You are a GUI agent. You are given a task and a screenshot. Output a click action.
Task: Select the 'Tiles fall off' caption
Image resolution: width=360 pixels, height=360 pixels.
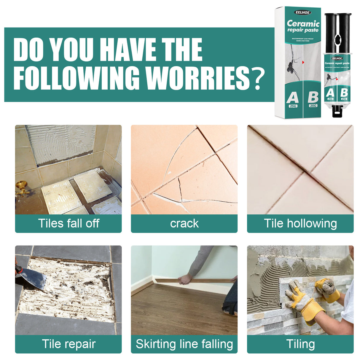69,224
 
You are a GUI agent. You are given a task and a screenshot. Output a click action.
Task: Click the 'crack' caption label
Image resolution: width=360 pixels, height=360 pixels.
184,224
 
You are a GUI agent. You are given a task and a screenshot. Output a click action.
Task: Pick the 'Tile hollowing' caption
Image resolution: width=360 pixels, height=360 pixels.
300,224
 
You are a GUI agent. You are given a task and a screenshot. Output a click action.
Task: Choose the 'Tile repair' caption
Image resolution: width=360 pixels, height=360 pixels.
69,344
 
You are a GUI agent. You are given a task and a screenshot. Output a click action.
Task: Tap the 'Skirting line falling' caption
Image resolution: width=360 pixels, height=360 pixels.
184,344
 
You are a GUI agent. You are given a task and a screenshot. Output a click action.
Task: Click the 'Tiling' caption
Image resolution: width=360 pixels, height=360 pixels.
300,344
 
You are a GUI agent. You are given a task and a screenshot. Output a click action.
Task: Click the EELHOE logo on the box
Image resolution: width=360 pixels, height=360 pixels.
302,12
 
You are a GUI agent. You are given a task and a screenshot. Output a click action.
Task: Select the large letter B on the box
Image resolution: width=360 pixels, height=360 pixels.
313,97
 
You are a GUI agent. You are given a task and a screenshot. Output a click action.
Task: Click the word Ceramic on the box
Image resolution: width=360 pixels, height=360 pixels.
303,23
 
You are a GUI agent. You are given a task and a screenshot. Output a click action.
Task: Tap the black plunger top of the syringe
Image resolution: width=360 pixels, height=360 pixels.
338,15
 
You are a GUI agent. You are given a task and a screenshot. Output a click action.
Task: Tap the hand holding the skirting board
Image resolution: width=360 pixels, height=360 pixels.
186,279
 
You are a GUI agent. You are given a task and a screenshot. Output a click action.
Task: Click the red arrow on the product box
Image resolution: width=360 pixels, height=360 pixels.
303,62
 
